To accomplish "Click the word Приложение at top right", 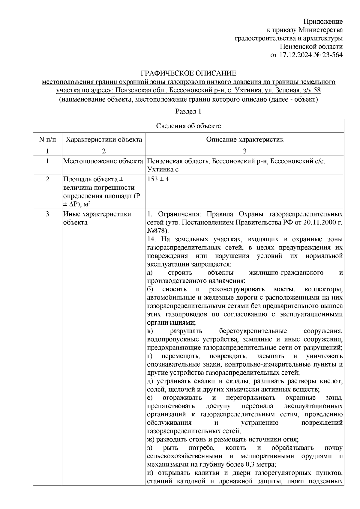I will (x=323, y=22).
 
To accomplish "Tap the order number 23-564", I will (x=331, y=55).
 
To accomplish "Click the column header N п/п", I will (x=47, y=139).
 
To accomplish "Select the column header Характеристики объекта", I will (x=104, y=139).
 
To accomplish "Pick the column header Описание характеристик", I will (x=244, y=139).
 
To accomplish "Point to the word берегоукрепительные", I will (x=253, y=331).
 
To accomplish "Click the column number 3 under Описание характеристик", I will (x=244, y=150).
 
